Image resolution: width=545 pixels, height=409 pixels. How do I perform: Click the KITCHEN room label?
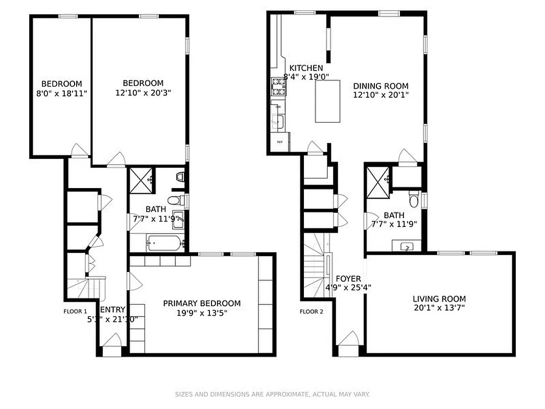(306, 68)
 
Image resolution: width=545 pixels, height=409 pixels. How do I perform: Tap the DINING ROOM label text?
(381, 86)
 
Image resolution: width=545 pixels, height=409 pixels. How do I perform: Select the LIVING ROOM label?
(439, 299)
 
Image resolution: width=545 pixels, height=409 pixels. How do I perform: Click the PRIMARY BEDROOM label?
(202, 303)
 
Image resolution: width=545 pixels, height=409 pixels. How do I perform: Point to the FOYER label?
(348, 279)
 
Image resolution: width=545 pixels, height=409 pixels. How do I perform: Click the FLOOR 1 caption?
(75, 311)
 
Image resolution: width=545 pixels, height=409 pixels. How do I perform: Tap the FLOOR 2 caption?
(312, 311)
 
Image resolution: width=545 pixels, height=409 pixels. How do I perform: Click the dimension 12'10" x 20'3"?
(143, 93)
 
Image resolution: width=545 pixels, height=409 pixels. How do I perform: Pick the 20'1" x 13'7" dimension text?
(439, 308)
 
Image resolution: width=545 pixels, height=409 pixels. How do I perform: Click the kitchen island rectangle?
(327, 101)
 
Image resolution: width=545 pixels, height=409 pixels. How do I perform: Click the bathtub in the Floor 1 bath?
(163, 243)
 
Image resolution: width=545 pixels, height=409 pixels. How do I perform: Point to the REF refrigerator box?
(280, 142)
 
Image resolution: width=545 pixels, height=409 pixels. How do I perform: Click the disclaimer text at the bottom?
(272, 394)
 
